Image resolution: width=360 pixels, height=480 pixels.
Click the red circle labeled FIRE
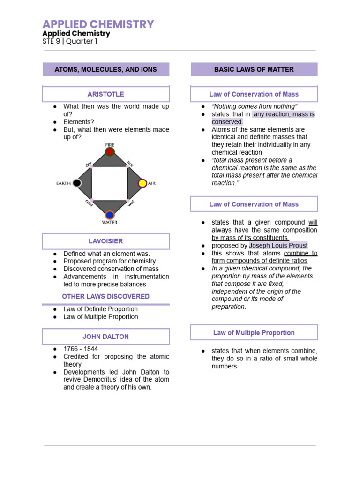(110, 152)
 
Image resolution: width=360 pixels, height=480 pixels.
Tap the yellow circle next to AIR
(142, 183)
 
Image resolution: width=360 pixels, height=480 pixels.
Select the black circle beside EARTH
(77, 183)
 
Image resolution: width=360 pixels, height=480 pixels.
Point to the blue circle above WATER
(110, 215)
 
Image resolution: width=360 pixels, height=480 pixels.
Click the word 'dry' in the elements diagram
(88, 164)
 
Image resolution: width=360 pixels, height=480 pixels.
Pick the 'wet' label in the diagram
(131, 203)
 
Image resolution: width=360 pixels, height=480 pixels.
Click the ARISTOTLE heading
(106, 94)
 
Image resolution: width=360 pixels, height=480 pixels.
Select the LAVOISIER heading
(106, 241)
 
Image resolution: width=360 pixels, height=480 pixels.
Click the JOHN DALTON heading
(106, 337)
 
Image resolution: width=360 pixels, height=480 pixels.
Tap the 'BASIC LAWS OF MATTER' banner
(254, 69)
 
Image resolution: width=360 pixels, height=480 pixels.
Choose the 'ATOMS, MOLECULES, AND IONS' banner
(106, 69)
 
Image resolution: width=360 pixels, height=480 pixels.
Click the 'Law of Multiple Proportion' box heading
(254, 333)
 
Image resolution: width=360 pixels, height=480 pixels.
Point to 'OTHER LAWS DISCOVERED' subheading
(106, 296)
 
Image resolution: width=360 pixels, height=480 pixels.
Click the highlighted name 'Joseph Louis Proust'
(278, 246)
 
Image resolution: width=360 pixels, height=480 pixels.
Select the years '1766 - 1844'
(81, 349)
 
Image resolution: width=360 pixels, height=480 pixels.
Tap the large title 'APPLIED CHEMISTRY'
(98, 24)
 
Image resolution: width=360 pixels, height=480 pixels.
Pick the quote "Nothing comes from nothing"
(255, 106)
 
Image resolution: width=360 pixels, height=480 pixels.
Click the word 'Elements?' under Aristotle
(79, 121)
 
